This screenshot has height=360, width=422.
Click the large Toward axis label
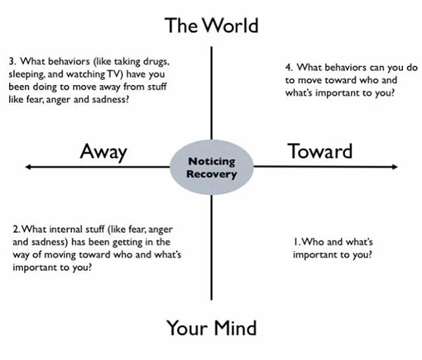[320, 151]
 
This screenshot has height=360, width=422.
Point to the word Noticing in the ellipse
[211, 162]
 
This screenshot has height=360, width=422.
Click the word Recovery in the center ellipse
[211, 174]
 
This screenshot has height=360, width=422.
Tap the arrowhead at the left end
[26, 167]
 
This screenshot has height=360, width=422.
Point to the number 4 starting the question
[289, 67]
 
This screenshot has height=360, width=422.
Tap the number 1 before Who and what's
[295, 242]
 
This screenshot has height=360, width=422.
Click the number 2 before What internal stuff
[15, 229]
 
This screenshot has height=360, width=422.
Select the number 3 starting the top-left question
[12, 61]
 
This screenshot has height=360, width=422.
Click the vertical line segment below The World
[211, 92]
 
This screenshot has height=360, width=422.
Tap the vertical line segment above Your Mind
[211, 251]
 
